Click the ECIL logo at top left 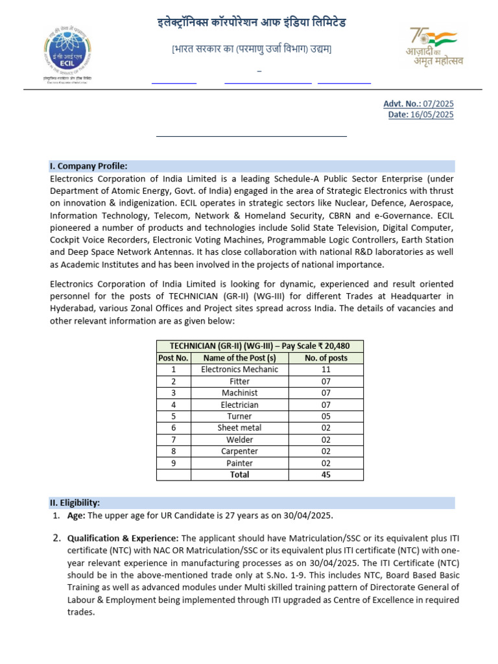pyautogui.click(x=67, y=54)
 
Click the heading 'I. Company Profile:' pyautogui.click(x=89, y=166)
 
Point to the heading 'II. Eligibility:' pyautogui.click(x=75, y=503)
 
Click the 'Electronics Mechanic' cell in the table pyautogui.click(x=239, y=370)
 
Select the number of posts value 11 pyautogui.click(x=326, y=370)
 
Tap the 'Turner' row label pyautogui.click(x=239, y=416)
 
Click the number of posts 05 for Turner pyautogui.click(x=326, y=416)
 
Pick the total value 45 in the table pyautogui.click(x=326, y=475)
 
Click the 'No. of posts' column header pyautogui.click(x=326, y=358)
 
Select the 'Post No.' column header pyautogui.click(x=173, y=358)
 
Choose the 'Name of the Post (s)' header pyautogui.click(x=239, y=358)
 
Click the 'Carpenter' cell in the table pyautogui.click(x=239, y=451)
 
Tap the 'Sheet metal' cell pyautogui.click(x=239, y=428)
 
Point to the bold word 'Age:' pyautogui.click(x=77, y=516)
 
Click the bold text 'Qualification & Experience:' pyautogui.click(x=123, y=538)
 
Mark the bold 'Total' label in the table pyautogui.click(x=239, y=475)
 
